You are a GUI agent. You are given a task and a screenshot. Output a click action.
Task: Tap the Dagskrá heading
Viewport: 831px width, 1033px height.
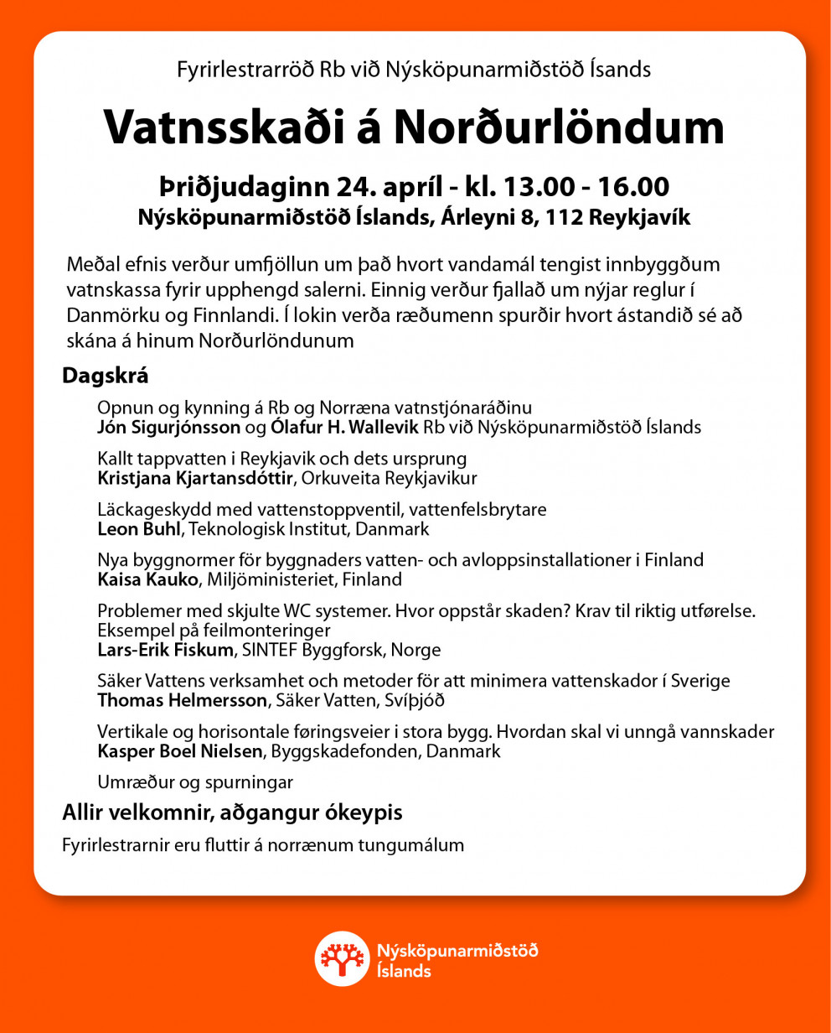[105, 376]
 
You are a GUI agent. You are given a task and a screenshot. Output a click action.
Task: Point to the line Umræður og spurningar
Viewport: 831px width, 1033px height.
[195, 782]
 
